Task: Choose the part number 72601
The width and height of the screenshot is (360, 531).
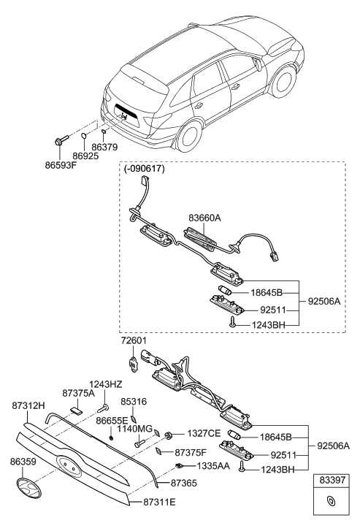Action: pyautogui.click(x=133, y=340)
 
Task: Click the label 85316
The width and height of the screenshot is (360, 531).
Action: pyautogui.click(x=134, y=402)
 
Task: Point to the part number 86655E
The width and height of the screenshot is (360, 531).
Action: pyautogui.click(x=112, y=421)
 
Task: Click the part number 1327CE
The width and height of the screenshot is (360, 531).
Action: pyautogui.click(x=202, y=433)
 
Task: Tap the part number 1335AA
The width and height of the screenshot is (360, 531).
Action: pyautogui.click(x=212, y=465)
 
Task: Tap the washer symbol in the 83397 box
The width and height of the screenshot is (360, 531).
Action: pyautogui.click(x=330, y=500)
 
